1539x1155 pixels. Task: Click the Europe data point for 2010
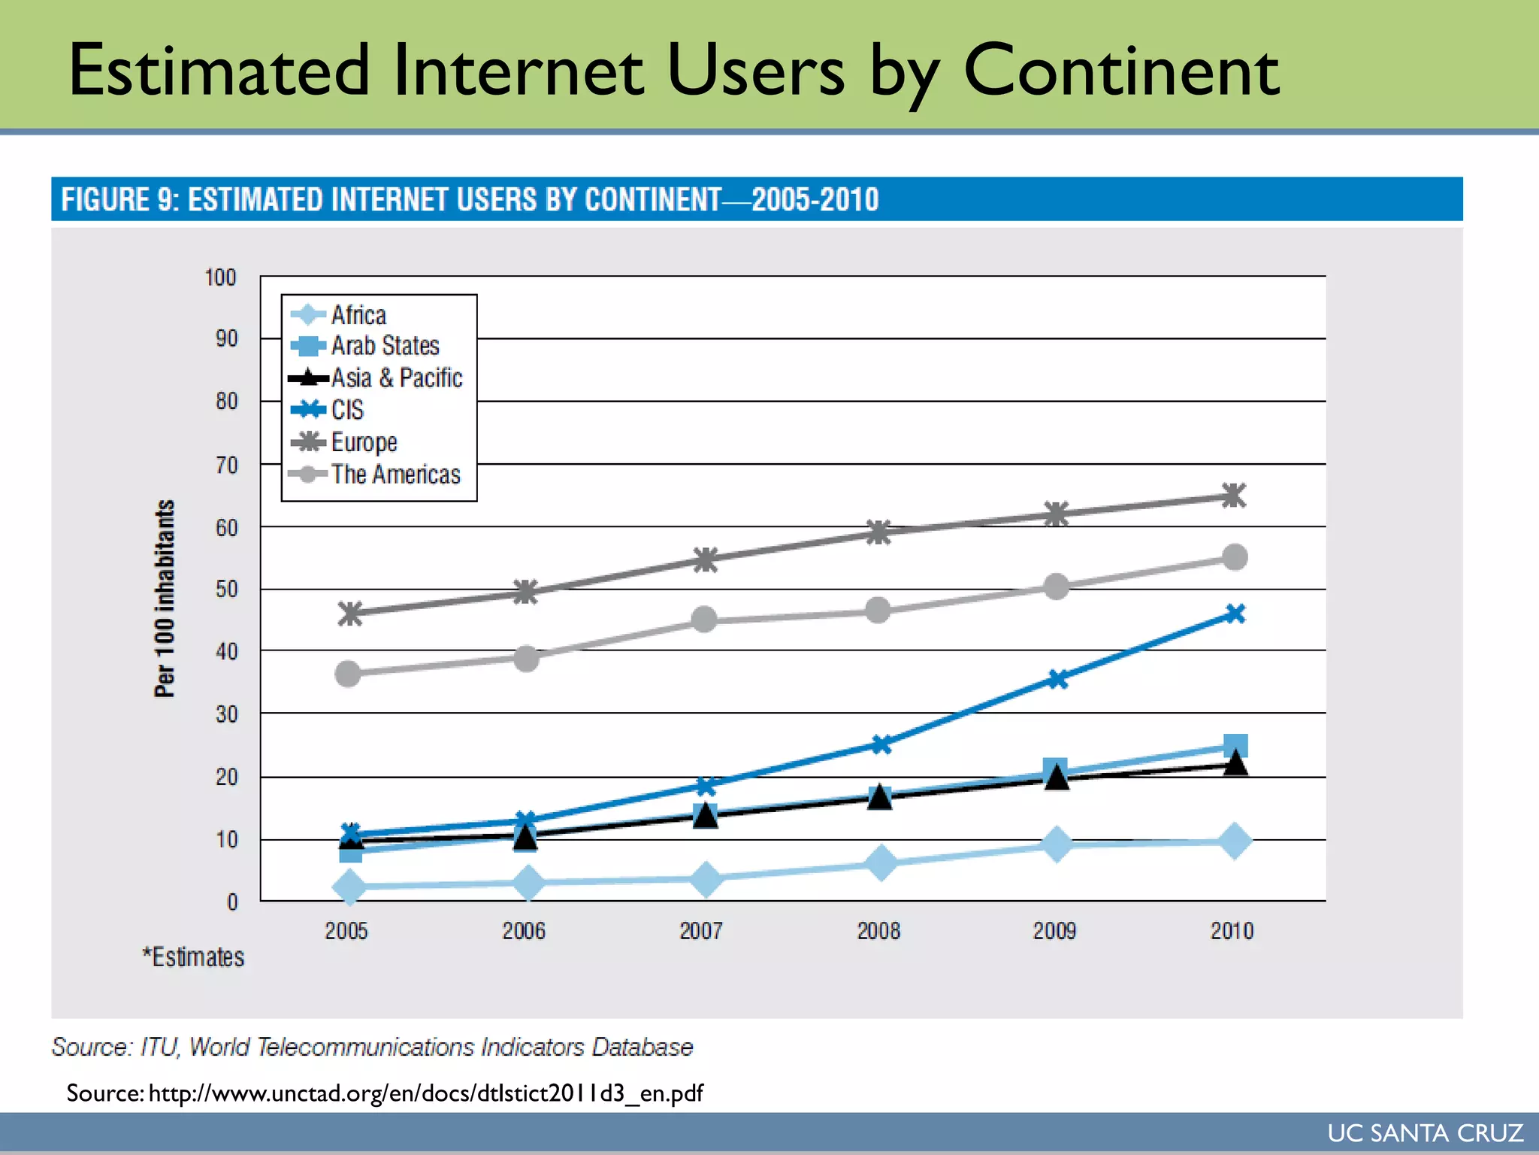[1233, 496]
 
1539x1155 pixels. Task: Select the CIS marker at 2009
[1057, 679]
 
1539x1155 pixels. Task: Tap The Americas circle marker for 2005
[348, 674]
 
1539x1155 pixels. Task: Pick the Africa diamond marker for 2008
[881, 862]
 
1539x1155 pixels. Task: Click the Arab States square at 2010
[1235, 746]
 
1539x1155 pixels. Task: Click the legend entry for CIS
[346, 410]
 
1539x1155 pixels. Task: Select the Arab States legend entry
[385, 346]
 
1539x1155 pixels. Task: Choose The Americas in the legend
[395, 474]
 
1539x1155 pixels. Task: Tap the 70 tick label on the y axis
[226, 465]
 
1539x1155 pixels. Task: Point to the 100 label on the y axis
[220, 277]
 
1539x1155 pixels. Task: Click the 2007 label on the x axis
[701, 931]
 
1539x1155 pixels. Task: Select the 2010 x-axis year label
[1232, 931]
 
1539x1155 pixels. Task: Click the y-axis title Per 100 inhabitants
[165, 599]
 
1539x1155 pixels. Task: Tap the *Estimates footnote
[194, 957]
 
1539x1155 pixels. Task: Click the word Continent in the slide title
[1120, 71]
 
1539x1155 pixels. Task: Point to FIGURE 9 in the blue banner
[119, 200]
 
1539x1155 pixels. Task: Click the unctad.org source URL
[425, 1093]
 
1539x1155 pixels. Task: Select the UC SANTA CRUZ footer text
[1425, 1133]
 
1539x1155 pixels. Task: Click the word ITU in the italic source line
[159, 1047]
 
